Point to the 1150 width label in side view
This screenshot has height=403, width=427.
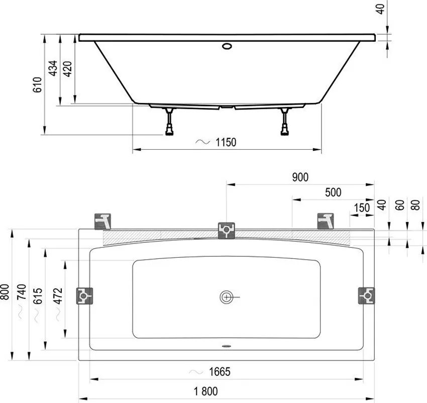(226, 143)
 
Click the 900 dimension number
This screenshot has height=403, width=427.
(299, 177)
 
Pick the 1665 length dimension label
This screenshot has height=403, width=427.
(220, 372)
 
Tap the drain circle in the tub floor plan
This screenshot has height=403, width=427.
(227, 297)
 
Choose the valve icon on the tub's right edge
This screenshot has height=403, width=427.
(367, 295)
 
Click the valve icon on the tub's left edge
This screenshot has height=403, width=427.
(84, 295)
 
